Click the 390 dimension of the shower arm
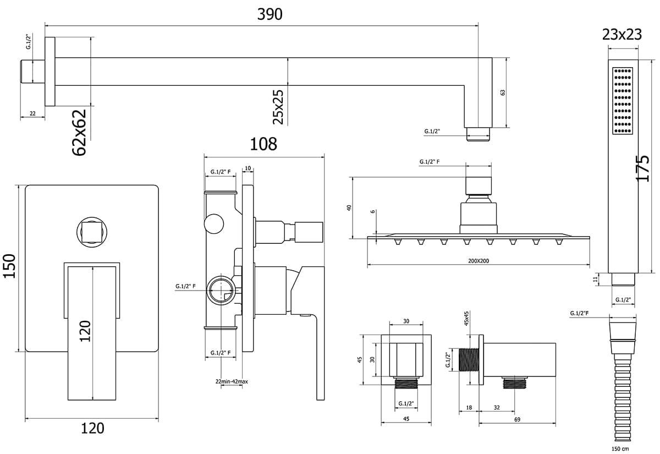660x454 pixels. tap(269, 14)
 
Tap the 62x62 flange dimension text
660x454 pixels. tap(79, 133)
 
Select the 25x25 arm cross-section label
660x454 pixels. tap(278, 107)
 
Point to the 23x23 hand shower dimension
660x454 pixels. tap(621, 35)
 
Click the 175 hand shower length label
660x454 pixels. tap(642, 168)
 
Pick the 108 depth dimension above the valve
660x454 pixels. tap(263, 144)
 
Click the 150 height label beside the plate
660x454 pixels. tap(9, 266)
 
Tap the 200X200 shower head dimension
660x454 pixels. tap(479, 261)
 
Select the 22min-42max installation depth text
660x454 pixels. tap(232, 381)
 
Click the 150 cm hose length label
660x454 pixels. tap(620, 448)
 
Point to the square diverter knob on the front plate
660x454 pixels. tap(92, 232)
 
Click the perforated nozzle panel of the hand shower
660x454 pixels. tap(623, 101)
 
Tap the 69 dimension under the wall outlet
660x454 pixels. tap(517, 419)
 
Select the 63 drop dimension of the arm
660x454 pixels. tap(503, 92)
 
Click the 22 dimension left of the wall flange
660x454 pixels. tap(32, 113)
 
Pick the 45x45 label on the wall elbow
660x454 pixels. tap(466, 318)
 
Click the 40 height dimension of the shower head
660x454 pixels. tap(349, 207)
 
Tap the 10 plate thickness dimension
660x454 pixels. tap(248, 168)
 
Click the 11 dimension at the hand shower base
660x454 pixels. tap(596, 279)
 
